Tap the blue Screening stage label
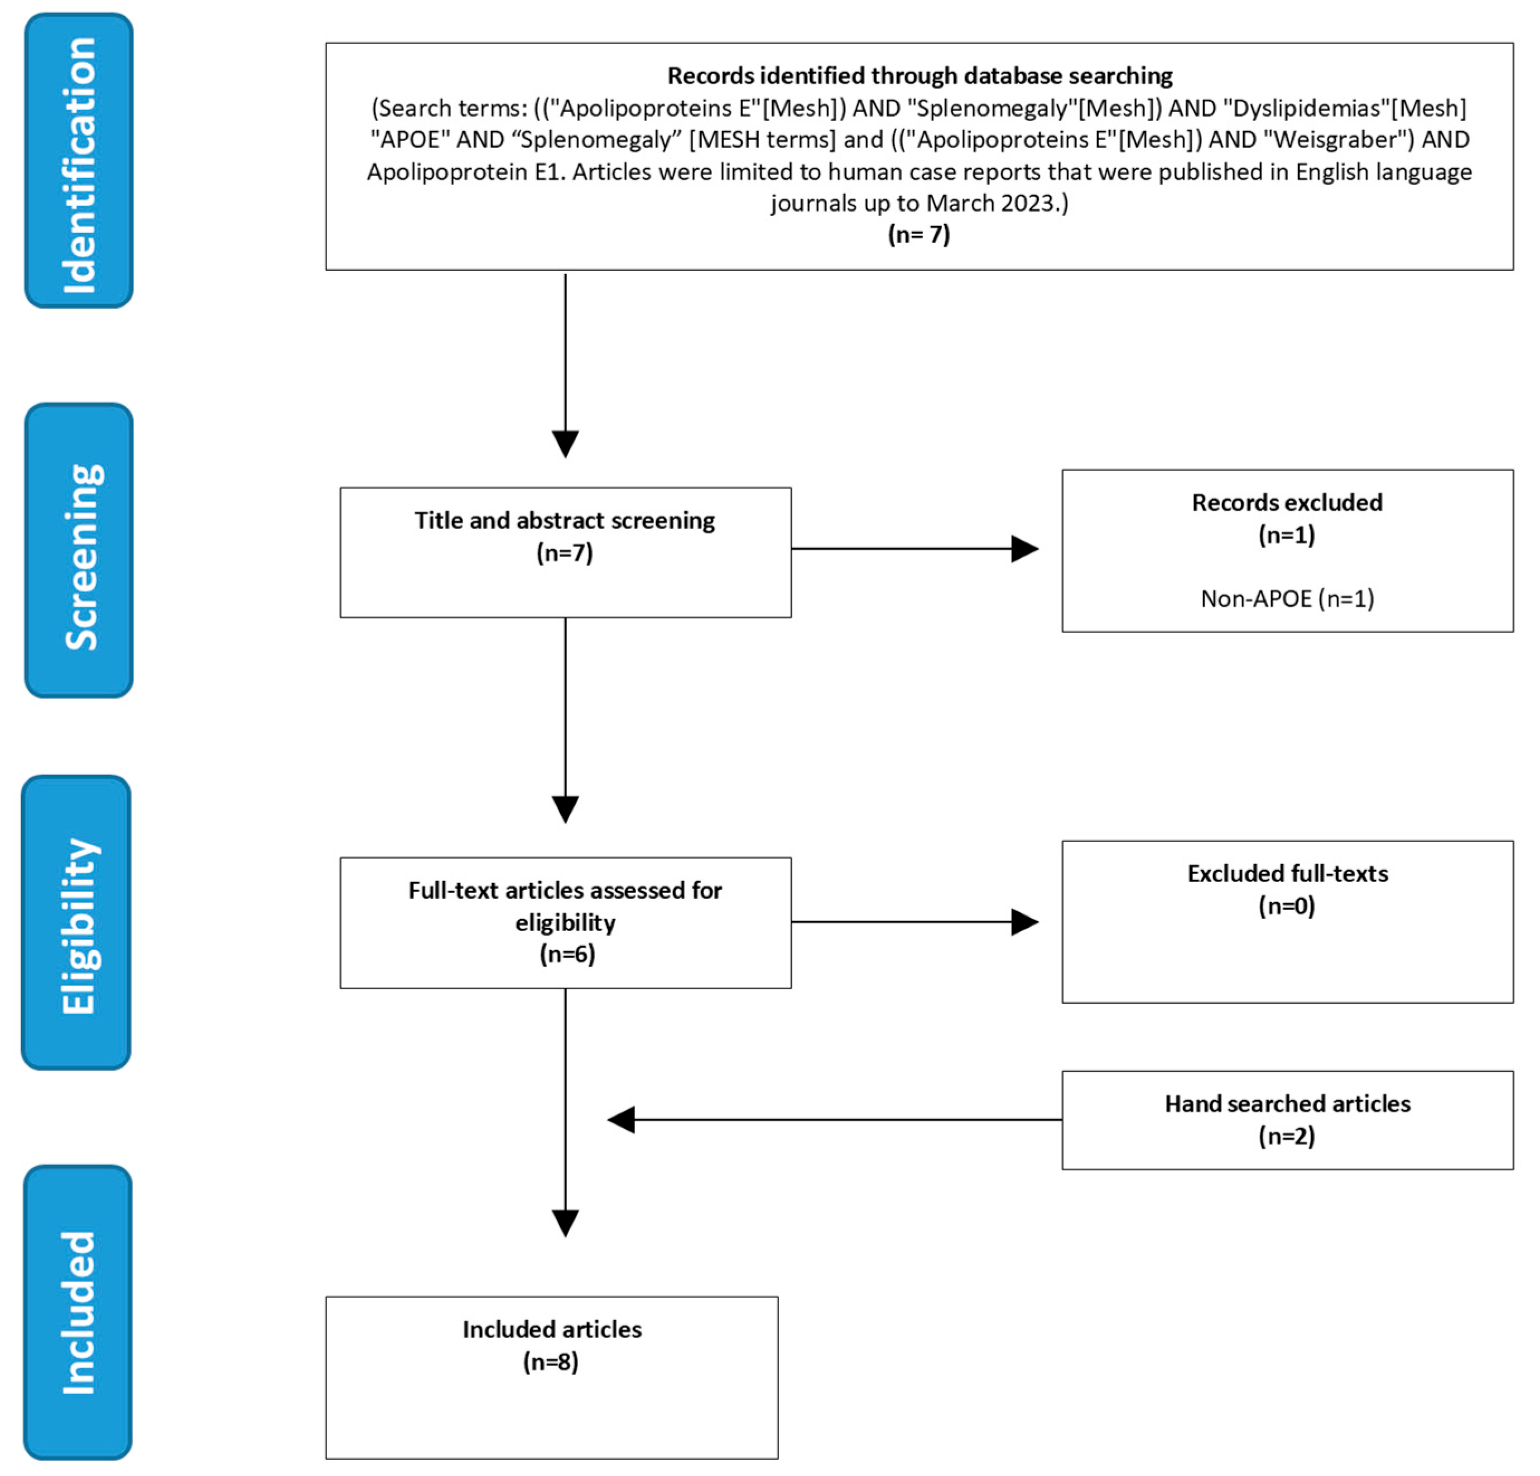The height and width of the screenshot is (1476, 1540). tap(79, 550)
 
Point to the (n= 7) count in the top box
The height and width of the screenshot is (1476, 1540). tap(918, 234)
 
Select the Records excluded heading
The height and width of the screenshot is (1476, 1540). tap(1287, 502)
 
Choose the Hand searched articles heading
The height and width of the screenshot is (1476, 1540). tap(1287, 1104)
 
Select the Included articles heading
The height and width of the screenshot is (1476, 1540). tap(552, 1329)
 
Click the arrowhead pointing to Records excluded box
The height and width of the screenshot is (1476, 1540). tap(1024, 549)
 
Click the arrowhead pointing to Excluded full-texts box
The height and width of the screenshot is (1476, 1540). tap(1024, 922)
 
